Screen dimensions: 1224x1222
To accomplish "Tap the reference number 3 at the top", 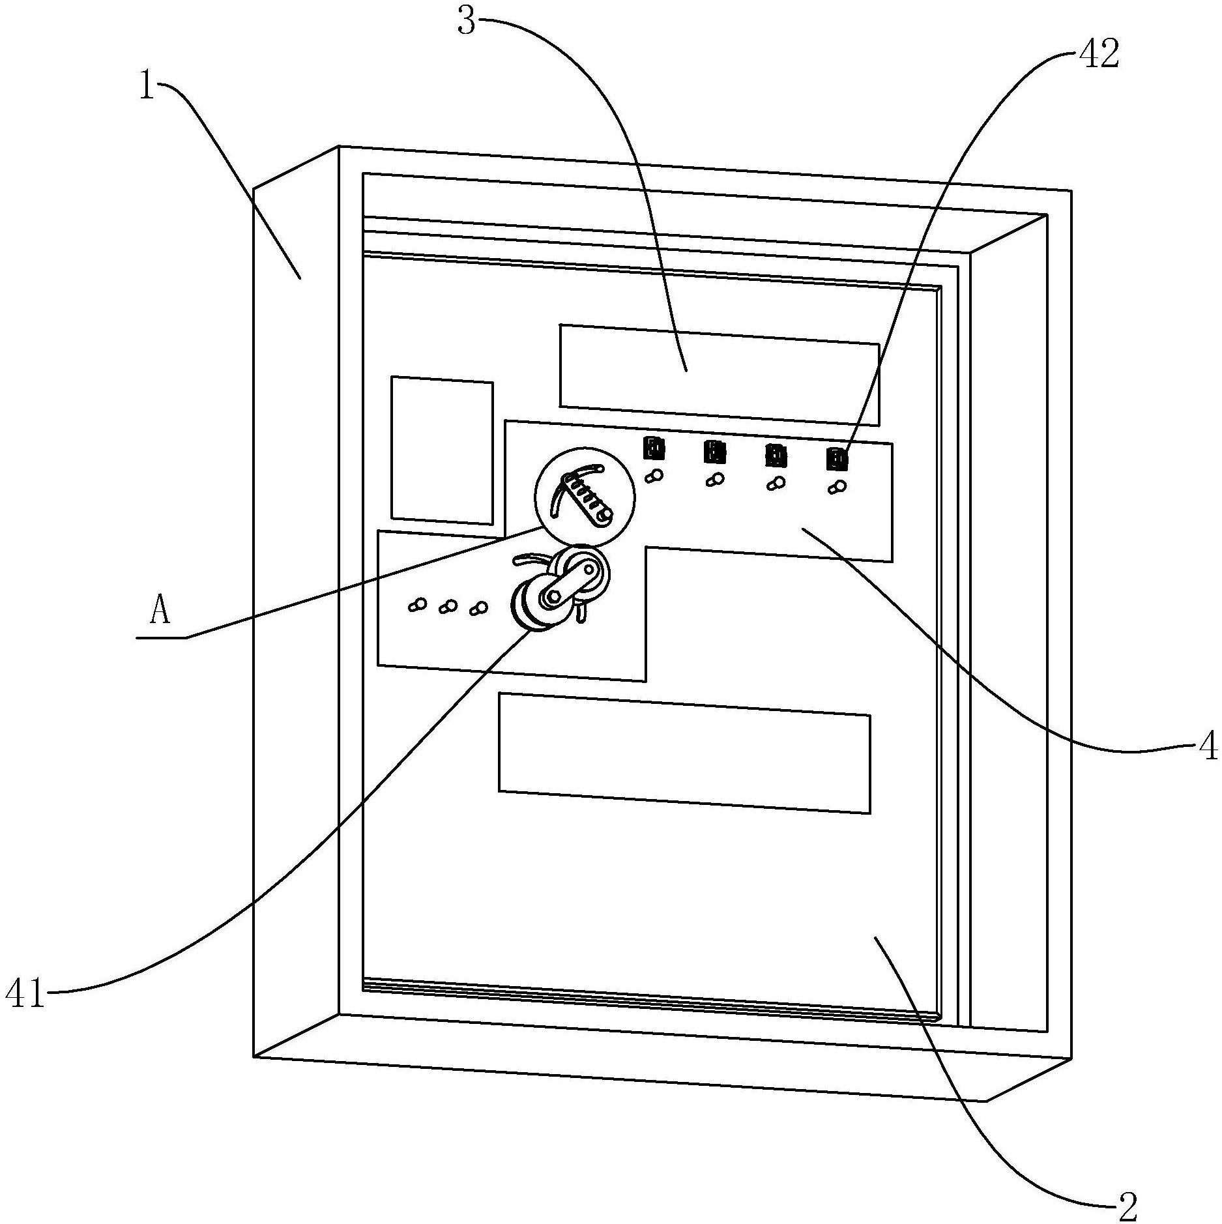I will coord(468,22).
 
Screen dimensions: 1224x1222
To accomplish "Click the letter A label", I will coord(160,612).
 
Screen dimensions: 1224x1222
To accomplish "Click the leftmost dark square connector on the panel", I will coord(654,448).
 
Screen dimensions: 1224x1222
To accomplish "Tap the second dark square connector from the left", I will coord(714,451).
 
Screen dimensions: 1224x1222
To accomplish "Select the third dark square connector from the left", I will coord(775,455).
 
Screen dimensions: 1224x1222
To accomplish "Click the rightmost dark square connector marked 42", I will coord(837,459).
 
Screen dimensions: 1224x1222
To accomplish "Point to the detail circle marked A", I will coord(584,496).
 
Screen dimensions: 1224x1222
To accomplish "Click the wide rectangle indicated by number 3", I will coord(719,375).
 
